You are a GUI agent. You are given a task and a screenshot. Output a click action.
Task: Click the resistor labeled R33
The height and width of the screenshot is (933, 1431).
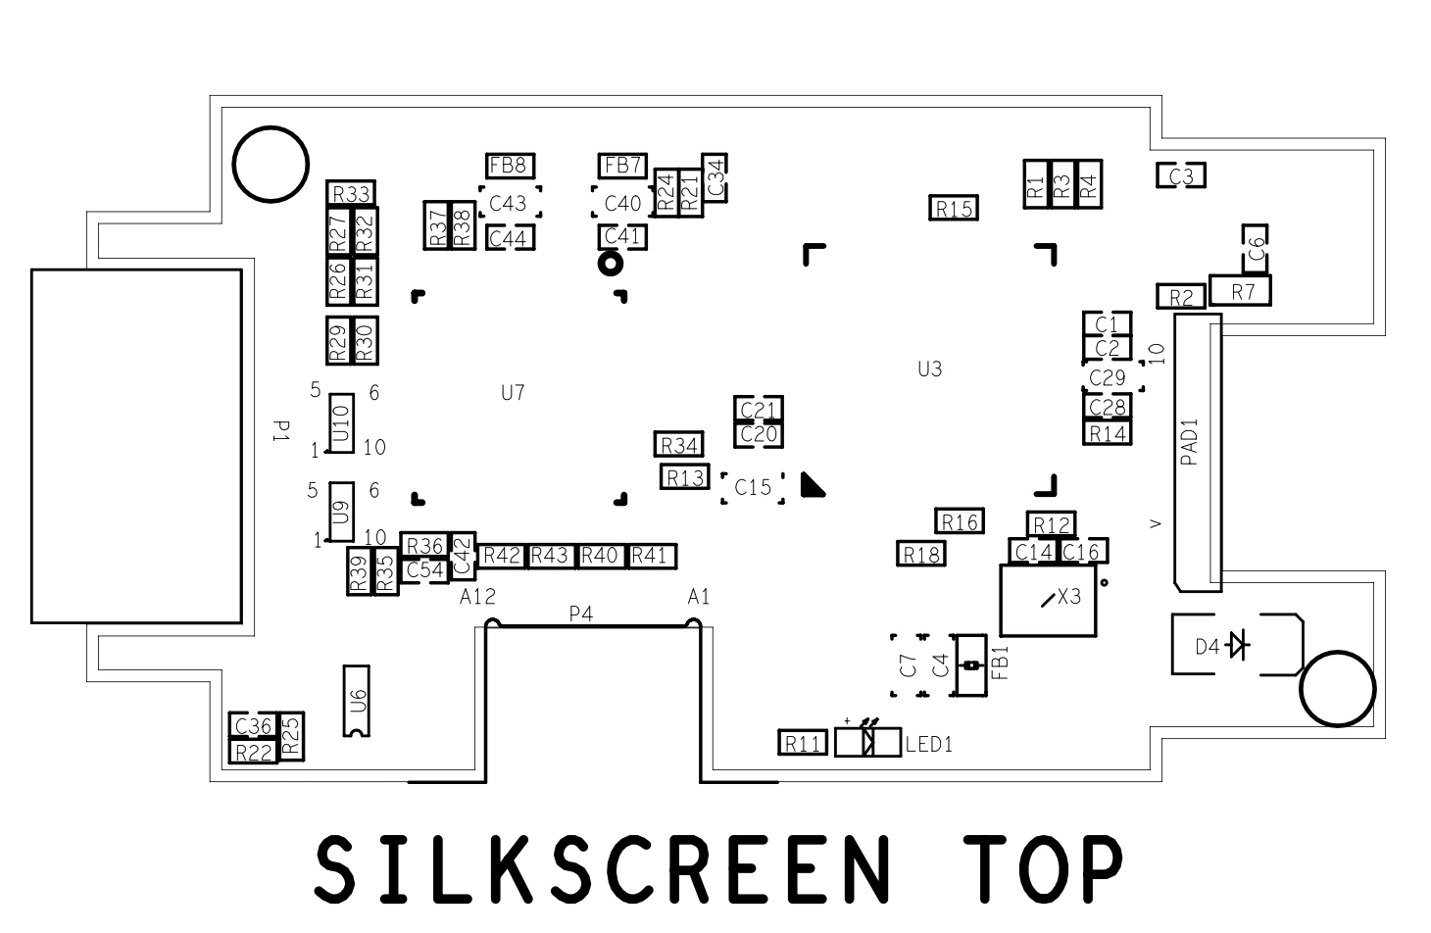click(x=351, y=193)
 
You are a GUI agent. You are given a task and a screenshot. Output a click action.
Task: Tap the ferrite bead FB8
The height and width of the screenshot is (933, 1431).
click(x=510, y=166)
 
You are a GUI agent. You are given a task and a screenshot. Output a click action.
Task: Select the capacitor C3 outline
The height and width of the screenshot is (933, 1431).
click(x=1180, y=175)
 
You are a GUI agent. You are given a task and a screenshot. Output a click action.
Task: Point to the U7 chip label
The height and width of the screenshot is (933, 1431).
click(x=513, y=393)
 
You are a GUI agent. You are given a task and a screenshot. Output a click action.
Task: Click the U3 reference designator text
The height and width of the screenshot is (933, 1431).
click(x=929, y=369)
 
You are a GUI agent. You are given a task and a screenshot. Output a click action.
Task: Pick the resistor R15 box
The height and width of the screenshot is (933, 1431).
click(x=953, y=208)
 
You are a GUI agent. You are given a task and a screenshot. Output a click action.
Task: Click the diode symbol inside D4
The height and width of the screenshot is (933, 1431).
click(x=1239, y=646)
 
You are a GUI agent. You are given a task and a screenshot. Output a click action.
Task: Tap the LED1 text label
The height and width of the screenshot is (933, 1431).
click(x=929, y=744)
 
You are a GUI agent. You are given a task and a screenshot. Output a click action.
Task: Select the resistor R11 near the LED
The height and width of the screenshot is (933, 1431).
click(x=803, y=743)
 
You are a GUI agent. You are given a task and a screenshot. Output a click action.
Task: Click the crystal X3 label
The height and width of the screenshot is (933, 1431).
click(x=1068, y=597)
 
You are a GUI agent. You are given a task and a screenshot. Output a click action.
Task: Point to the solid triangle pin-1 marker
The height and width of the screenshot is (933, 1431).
click(x=812, y=485)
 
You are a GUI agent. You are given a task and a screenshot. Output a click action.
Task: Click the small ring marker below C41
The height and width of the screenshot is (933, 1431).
click(x=610, y=263)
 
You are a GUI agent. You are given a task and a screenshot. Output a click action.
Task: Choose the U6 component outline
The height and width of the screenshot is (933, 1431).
click(x=357, y=701)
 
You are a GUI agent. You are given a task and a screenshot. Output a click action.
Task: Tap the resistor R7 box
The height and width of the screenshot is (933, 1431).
click(x=1240, y=291)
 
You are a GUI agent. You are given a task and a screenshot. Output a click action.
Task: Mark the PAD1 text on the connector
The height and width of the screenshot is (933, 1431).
click(x=1190, y=441)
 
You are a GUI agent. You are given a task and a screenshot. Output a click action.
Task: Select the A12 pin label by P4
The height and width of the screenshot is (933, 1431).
click(x=477, y=597)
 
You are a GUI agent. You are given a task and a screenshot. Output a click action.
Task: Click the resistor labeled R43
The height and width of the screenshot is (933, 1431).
click(x=550, y=557)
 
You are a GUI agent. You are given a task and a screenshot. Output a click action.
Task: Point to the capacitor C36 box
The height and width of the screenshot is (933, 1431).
click(x=253, y=726)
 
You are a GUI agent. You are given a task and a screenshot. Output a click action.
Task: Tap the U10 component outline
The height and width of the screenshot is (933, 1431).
click(x=341, y=423)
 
